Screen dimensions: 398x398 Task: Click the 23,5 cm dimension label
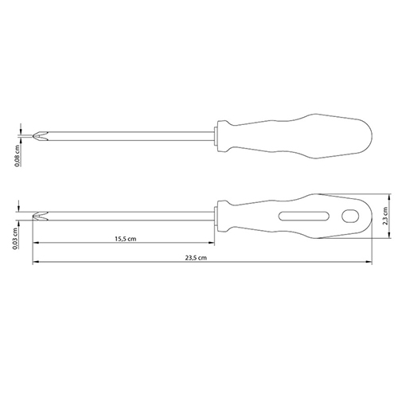click(x=196, y=258)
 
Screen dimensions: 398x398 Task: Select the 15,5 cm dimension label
click(x=126, y=239)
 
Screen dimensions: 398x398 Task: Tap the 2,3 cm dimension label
click(x=385, y=216)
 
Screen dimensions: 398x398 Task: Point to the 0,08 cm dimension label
click(x=18, y=156)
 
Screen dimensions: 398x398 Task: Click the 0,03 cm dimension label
click(x=15, y=239)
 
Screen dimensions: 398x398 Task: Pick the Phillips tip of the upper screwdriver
click(x=40, y=136)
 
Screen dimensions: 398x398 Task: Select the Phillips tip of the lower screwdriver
click(x=40, y=216)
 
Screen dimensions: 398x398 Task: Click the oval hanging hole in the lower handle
click(x=350, y=216)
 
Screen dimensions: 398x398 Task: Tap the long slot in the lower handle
click(x=304, y=216)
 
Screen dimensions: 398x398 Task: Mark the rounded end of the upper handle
click(x=368, y=136)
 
